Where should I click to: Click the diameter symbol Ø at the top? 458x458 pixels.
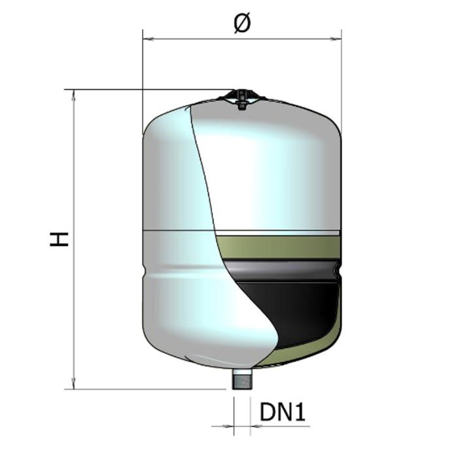tap(242, 23)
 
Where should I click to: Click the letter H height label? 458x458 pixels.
tap(59, 239)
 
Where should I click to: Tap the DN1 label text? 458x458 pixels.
tap(283, 412)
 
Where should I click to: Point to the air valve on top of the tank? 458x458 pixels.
tap(241, 99)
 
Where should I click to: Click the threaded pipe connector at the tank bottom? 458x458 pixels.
tap(242, 379)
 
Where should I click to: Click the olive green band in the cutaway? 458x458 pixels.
tap(279, 247)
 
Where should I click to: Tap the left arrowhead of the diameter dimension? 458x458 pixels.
tap(149, 39)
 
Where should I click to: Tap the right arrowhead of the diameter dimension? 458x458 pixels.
tap(336, 39)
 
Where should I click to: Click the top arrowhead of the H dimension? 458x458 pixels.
tap(73, 96)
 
